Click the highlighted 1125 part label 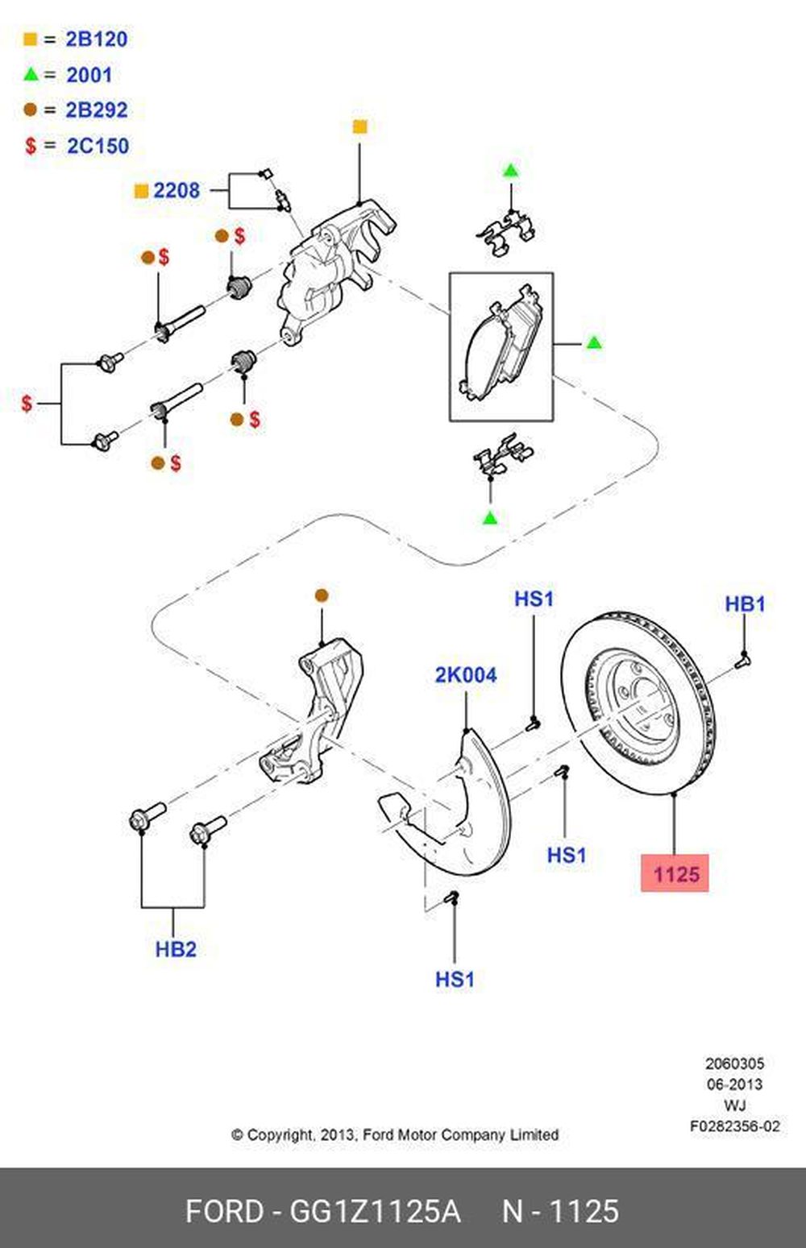point(675,873)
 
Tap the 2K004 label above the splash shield point(466,675)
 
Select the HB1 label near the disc point(745,603)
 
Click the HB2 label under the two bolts point(176,948)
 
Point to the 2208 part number point(176,190)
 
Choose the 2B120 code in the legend point(96,39)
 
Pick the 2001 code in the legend point(89,75)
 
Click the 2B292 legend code point(96,110)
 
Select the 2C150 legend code point(97,146)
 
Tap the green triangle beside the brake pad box point(594,343)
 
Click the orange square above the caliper point(360,126)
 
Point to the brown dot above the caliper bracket point(322,595)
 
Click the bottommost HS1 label point(455,979)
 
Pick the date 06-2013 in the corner point(734,1084)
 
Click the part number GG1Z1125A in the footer point(375,1211)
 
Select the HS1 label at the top point(534,599)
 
